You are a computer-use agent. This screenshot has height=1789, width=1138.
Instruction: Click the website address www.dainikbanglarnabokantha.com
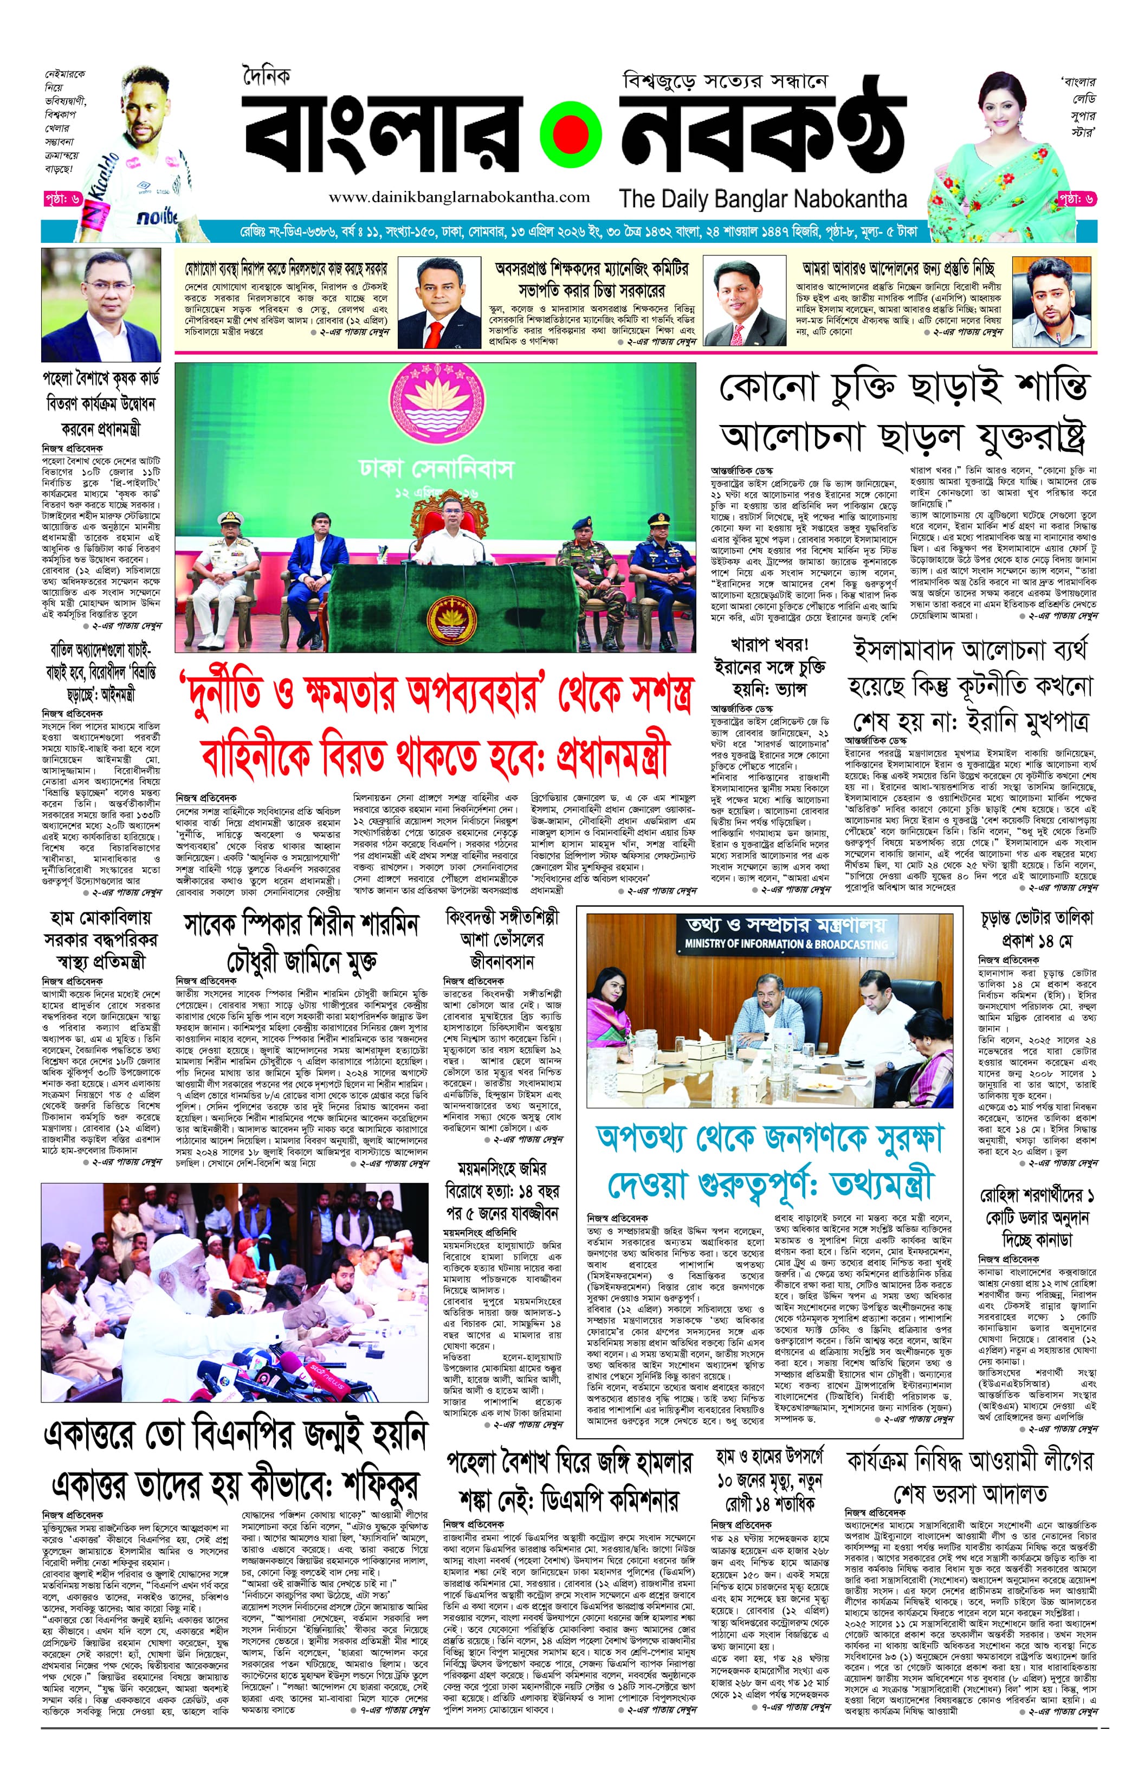459,198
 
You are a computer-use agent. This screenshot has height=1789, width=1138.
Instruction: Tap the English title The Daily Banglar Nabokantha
763,199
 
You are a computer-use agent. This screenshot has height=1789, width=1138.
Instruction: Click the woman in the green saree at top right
1003,149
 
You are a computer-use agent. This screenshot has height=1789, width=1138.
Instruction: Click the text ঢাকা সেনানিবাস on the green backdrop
436,468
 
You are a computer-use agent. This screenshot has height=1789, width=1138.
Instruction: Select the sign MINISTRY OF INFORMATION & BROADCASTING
786,944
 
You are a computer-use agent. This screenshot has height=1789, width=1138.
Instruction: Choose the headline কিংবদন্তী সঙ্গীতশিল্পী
502,917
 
